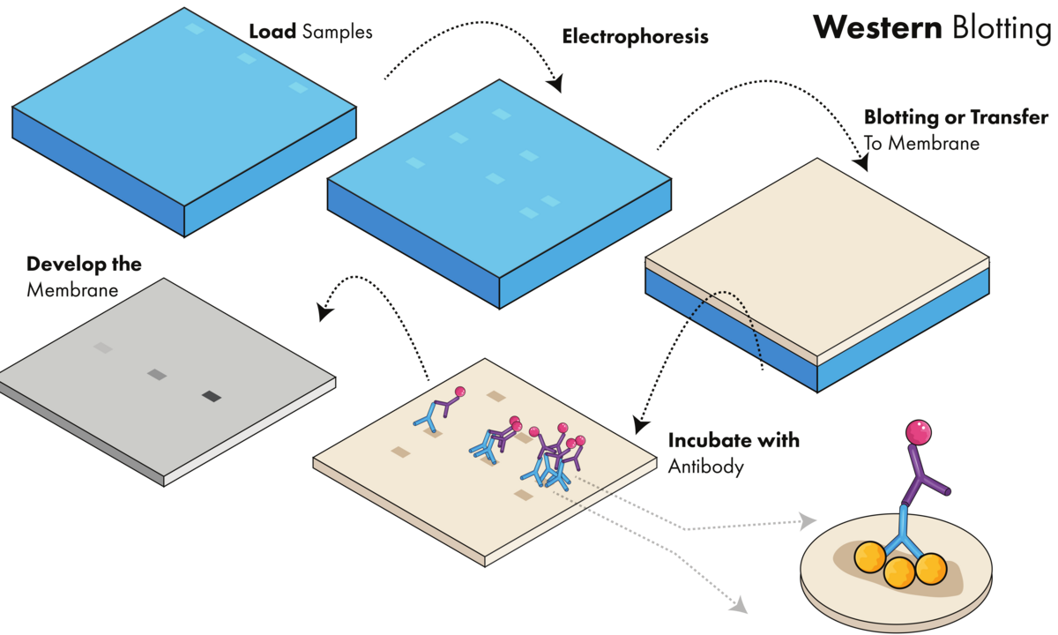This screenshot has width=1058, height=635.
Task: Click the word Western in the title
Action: coord(876,27)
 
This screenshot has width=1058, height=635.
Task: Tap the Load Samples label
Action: coord(310,34)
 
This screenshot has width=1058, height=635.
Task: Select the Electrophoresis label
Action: coord(635,38)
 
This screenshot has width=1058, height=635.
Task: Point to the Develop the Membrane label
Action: coord(84,276)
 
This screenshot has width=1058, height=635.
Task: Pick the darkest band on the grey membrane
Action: coord(212,397)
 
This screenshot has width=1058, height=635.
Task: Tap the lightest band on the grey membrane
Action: coord(103,348)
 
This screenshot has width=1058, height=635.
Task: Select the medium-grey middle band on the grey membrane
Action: coord(157,375)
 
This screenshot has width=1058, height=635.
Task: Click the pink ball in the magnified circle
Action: coord(919,432)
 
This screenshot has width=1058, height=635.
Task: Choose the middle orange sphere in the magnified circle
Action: coord(899,572)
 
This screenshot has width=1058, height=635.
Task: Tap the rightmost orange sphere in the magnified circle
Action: coord(931,568)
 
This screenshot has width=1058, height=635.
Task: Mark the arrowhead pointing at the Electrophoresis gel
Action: coord(555,86)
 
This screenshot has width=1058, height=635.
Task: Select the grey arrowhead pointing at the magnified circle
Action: coord(808,521)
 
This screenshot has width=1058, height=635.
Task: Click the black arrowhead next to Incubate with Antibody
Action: coord(641,427)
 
